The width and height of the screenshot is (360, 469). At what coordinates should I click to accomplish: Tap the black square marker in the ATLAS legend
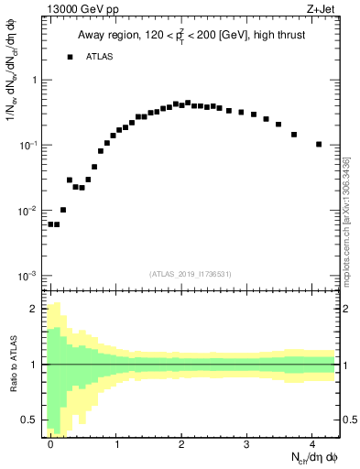[x=70, y=57]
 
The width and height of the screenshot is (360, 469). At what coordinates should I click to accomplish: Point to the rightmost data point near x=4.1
[x=318, y=144]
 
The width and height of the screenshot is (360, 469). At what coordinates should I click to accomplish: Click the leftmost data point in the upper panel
[x=50, y=224]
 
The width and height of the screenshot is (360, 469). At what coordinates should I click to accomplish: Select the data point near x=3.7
[x=294, y=135]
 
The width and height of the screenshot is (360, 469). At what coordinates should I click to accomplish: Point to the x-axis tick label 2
[x=181, y=442]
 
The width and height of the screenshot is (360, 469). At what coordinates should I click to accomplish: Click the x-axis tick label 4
[x=312, y=442]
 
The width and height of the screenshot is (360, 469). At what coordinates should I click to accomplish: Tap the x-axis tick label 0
[x=50, y=442]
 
